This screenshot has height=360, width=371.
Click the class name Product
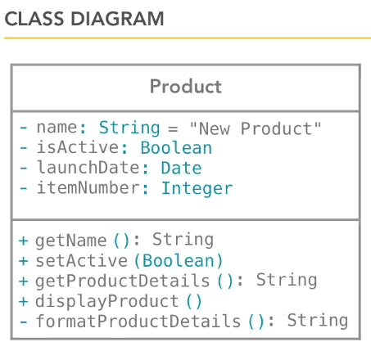[x=186, y=87]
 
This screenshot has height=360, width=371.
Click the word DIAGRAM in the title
[x=117, y=19]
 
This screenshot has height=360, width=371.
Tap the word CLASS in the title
[x=34, y=19]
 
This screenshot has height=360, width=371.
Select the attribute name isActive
[x=78, y=147]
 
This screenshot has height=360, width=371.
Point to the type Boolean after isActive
[x=176, y=148]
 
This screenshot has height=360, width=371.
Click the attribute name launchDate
[x=88, y=168]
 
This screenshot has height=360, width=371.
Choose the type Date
[x=181, y=168]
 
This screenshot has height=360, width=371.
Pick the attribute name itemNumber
[x=88, y=187]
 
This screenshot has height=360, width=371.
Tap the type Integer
[x=197, y=188]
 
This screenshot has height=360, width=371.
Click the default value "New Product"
[x=256, y=128]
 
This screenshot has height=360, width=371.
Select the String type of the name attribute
[x=129, y=128]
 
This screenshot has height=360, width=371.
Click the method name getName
[x=71, y=241]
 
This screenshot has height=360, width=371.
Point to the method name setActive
[x=82, y=260]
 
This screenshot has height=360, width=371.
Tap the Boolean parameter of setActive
[x=179, y=261]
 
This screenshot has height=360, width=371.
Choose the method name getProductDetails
[x=123, y=281]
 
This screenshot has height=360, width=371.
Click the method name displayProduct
[x=107, y=302]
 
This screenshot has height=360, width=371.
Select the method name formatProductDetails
[x=138, y=321]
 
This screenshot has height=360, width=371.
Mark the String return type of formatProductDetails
[x=318, y=321]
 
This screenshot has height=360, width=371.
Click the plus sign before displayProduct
[x=24, y=301]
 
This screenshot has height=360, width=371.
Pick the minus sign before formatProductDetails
[x=24, y=322]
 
